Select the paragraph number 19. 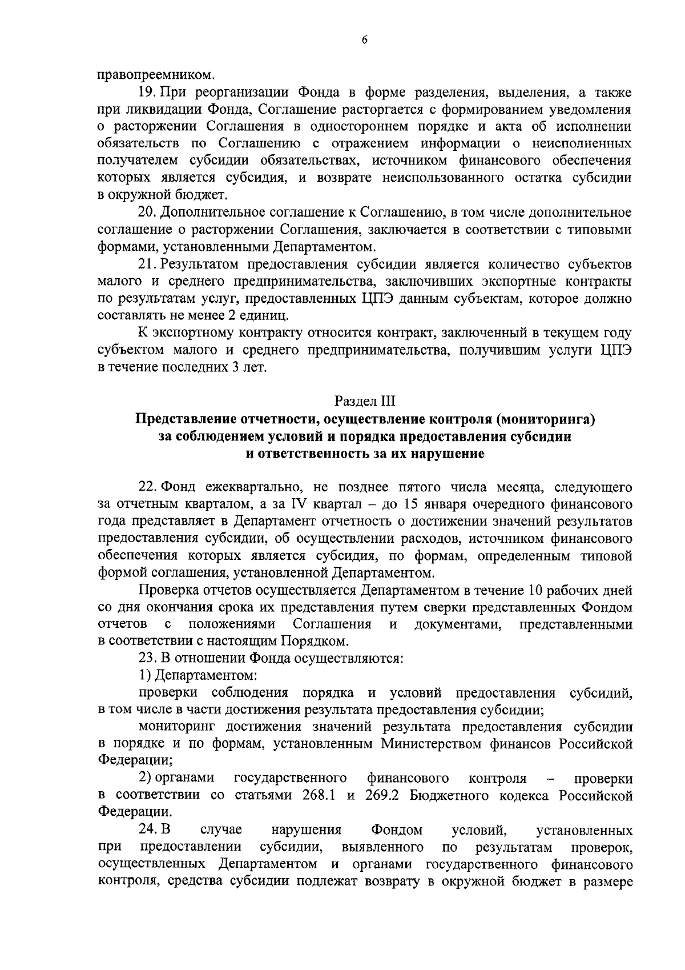(148, 91)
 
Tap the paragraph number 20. (148, 213)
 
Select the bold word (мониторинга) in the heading (545, 420)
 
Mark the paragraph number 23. (148, 658)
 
